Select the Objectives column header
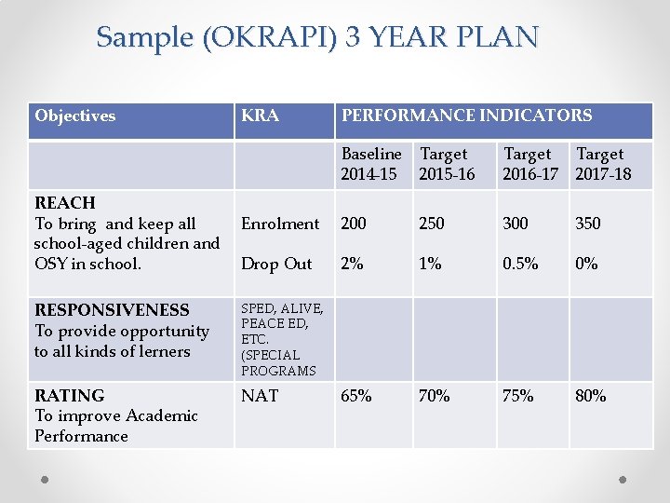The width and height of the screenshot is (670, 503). click(75, 116)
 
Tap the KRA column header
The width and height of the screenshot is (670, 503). click(260, 116)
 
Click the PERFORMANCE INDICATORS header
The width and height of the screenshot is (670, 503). click(466, 116)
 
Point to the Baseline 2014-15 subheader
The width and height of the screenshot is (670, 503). click(371, 164)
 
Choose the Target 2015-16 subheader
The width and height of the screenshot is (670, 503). click(447, 164)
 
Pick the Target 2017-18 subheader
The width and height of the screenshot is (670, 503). click(603, 164)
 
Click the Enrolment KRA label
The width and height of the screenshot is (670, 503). click(280, 224)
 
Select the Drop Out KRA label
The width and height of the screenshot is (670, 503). click(276, 264)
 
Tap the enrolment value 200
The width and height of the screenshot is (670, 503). click(354, 224)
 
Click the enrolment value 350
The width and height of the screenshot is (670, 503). click(588, 224)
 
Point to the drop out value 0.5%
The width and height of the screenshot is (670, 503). click(520, 264)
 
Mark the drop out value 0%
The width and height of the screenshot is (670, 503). click(586, 264)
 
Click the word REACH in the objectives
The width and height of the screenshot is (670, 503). click(64, 203)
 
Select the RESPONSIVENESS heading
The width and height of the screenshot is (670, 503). click(112, 310)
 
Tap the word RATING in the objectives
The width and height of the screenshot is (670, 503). click(69, 396)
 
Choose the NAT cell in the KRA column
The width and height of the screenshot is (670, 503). click(260, 396)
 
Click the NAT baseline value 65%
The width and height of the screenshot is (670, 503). click(355, 396)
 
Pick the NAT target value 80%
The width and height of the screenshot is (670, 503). click(590, 396)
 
